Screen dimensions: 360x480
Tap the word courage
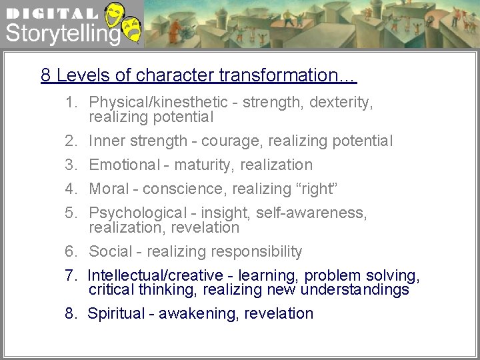click(230, 141)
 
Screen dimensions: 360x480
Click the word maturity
click(203, 165)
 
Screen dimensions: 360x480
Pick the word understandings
click(355, 290)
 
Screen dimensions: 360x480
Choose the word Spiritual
click(114, 313)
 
